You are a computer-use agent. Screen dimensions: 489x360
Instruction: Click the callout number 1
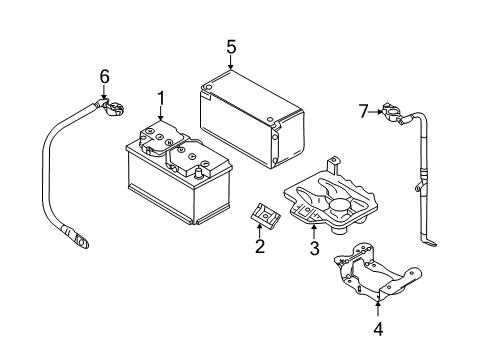click(161, 99)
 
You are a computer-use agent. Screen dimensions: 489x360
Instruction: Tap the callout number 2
click(260, 246)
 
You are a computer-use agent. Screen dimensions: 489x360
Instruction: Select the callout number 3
click(314, 248)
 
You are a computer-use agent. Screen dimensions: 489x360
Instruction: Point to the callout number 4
click(378, 329)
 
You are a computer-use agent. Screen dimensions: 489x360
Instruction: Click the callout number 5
click(231, 47)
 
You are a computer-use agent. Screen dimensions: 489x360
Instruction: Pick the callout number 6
click(104, 77)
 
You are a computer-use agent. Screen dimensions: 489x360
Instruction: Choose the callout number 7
click(363, 111)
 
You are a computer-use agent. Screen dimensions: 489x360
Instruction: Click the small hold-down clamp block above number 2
click(265, 215)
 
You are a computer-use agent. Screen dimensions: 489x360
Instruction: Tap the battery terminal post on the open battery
click(199, 173)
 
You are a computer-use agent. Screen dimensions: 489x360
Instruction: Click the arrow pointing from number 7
click(376, 112)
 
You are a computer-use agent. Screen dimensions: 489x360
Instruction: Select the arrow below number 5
click(231, 62)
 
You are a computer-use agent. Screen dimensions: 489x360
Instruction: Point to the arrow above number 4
click(378, 308)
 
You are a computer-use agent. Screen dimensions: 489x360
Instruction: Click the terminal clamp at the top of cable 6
click(113, 107)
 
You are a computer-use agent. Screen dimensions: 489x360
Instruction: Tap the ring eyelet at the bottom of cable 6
click(80, 240)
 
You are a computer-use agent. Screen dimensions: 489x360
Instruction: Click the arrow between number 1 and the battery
click(161, 114)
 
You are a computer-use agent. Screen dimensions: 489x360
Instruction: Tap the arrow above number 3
click(314, 232)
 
